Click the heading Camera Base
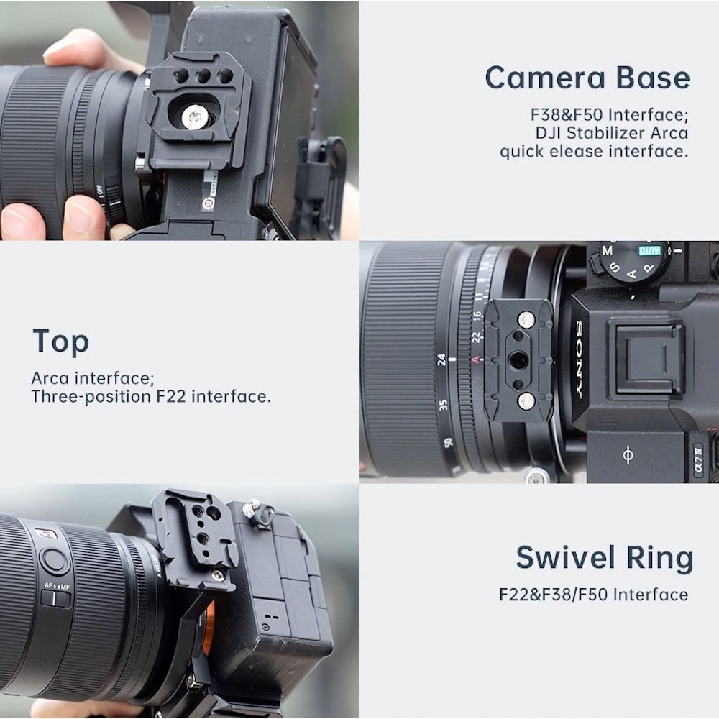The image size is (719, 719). tap(587, 78)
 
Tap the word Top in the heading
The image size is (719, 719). tap(60, 342)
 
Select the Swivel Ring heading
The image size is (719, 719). tap(605, 558)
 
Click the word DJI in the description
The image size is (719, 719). tap(548, 133)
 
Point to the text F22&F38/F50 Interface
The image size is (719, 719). tap(593, 595)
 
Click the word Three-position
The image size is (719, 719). tap(91, 397)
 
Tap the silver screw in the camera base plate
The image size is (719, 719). tap(194, 116)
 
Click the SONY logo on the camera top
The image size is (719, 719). tap(579, 359)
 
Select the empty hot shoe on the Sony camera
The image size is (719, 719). tap(646, 359)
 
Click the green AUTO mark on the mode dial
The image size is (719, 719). tap(650, 250)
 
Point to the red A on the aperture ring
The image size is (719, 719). tap(475, 359)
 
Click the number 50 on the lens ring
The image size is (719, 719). tap(447, 442)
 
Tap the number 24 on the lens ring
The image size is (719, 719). tap(441, 359)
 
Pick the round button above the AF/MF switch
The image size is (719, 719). tap(55, 561)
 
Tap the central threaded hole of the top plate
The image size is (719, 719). tap(518, 359)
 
